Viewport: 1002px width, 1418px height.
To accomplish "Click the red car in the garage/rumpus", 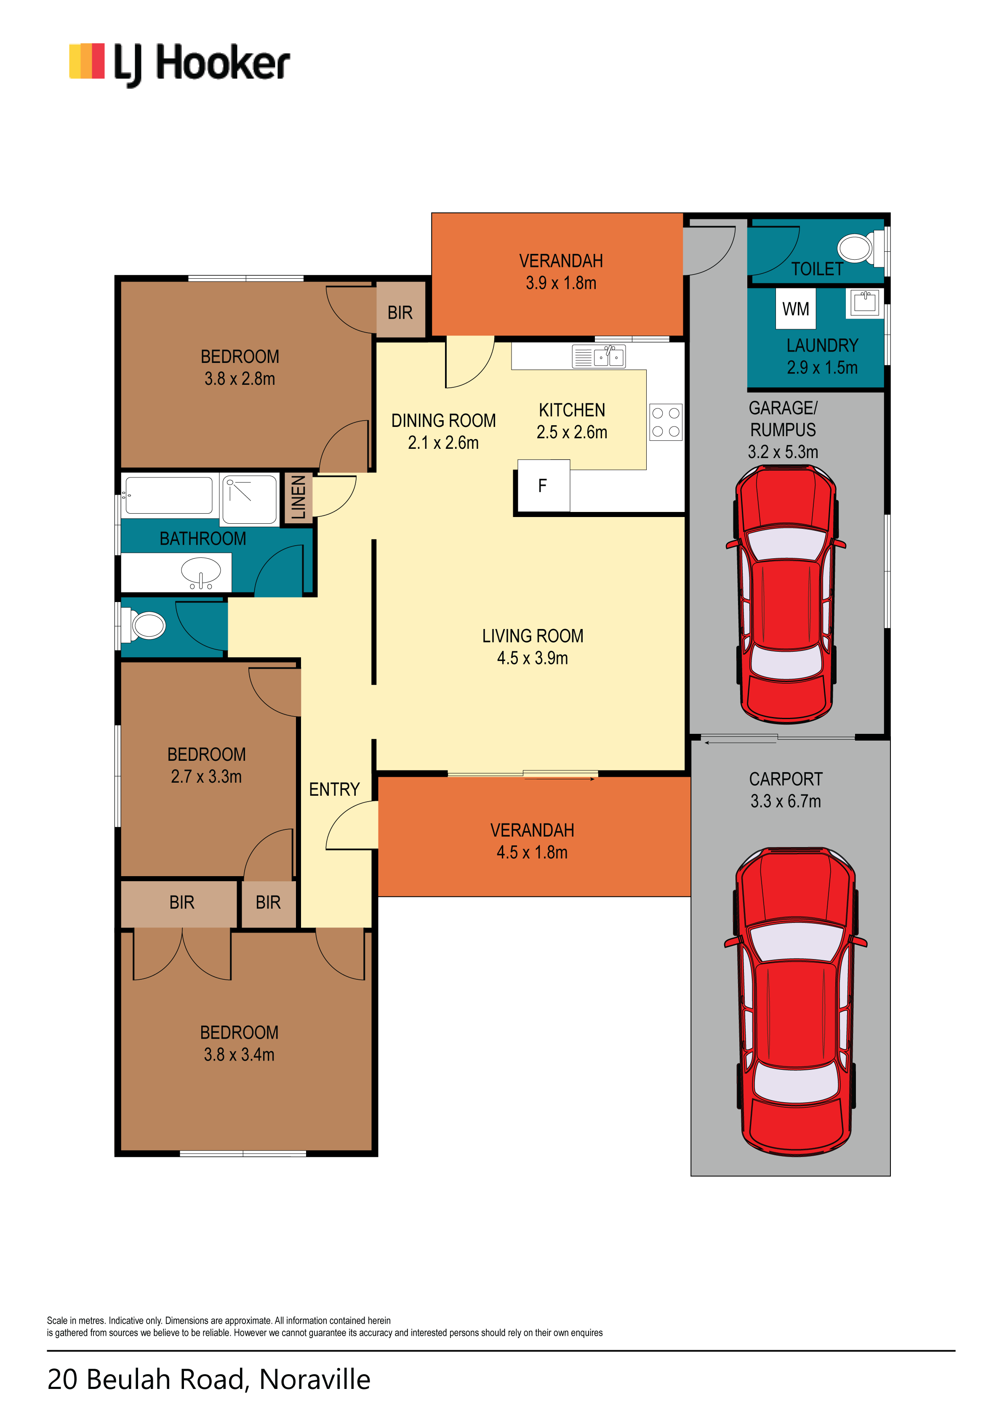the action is tap(786, 594).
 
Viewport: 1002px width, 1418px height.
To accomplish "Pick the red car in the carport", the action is tap(796, 1002).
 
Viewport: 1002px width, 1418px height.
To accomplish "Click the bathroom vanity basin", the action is tap(201, 573).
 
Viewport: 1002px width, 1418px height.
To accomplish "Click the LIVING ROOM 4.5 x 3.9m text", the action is tap(533, 647).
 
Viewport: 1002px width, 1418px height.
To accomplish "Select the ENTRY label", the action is tap(334, 789).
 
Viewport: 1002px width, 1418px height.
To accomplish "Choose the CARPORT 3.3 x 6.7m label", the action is tap(786, 790).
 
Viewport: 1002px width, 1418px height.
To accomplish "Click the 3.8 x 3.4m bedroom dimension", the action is tap(239, 1054).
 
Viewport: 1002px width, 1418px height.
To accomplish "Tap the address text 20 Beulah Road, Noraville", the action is tap(209, 1379).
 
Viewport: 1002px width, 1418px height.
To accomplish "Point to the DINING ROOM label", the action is tap(444, 421).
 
